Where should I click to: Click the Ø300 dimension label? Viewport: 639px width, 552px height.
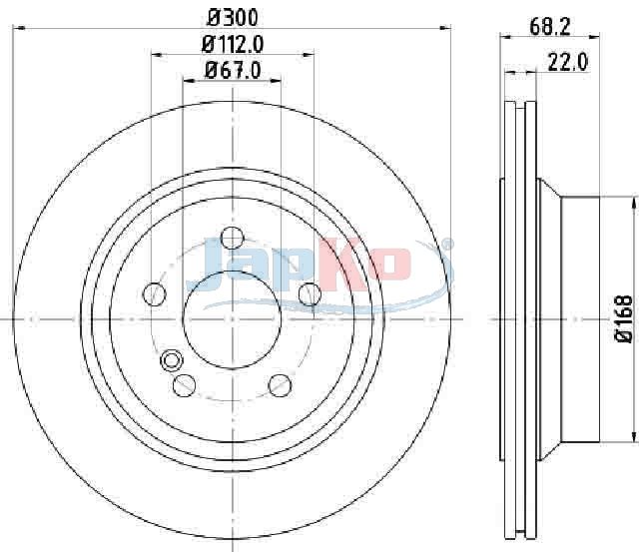233,18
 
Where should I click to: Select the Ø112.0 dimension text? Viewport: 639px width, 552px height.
233,44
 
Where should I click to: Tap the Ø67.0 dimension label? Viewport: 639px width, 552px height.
233,70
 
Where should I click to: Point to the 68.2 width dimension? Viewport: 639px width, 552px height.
549,27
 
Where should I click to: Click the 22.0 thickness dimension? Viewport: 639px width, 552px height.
568,62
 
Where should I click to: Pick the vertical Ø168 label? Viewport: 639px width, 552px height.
623,319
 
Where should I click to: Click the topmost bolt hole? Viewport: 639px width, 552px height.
233,238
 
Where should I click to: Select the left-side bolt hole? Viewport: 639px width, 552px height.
155,293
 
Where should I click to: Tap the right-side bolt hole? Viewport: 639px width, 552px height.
310,293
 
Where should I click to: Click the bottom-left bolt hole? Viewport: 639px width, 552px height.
184,385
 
